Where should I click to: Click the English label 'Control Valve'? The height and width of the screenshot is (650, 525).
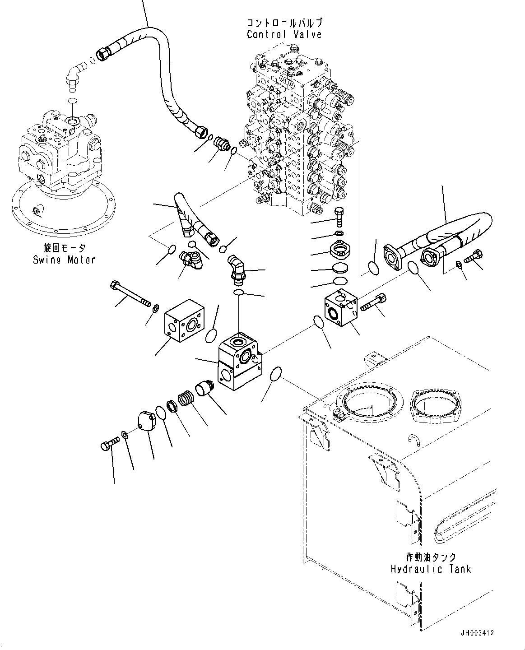pos(284,34)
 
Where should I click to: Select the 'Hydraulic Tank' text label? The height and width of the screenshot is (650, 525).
pos(431,568)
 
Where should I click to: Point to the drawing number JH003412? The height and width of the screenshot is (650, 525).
pos(477,633)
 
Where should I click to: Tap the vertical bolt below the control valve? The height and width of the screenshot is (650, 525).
pos(339,217)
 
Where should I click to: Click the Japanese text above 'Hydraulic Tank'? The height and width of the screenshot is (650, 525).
pos(430,557)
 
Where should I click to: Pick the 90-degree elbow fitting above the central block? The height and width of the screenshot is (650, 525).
pos(236,269)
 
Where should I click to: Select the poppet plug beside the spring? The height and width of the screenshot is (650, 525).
pos(205,387)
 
